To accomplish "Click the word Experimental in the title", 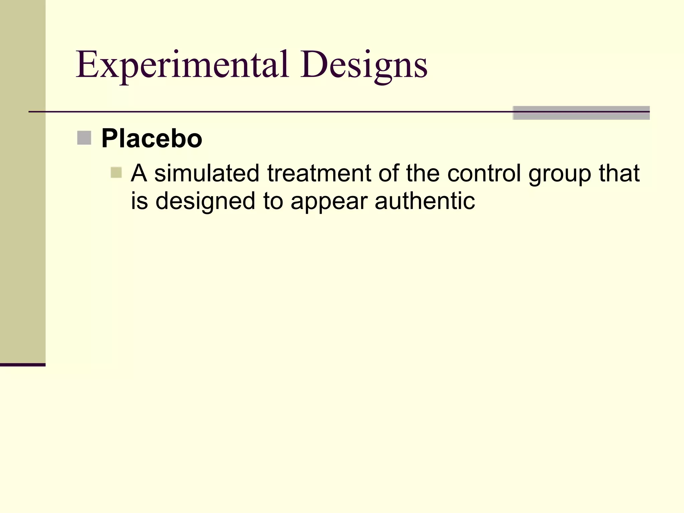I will [x=182, y=65].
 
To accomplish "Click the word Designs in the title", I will [x=363, y=65].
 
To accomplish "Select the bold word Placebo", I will [x=152, y=138].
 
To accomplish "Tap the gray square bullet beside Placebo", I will [x=84, y=138].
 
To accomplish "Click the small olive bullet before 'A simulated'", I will [x=116, y=173].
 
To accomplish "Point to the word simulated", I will [x=207, y=173].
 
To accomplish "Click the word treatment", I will [x=319, y=173].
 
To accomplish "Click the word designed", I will [x=205, y=201].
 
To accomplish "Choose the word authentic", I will [x=425, y=201].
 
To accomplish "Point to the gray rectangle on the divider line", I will [x=581, y=113].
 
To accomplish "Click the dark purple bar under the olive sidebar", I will [x=22, y=365].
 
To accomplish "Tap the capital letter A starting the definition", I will [x=139, y=173].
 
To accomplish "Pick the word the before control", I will [x=423, y=173].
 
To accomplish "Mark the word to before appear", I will [x=273, y=201].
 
